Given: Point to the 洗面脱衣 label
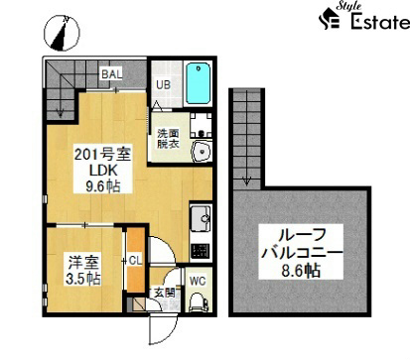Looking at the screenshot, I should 166,138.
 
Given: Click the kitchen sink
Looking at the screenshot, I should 200,217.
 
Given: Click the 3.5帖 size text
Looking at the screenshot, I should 84,279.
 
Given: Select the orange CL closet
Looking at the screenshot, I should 133,260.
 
